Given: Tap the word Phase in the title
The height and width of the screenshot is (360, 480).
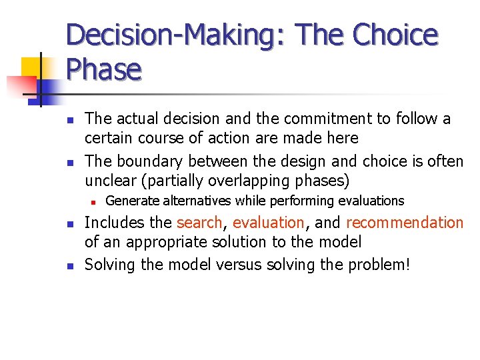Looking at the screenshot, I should (103, 69).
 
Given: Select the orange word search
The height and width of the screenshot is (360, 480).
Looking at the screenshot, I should (199, 223).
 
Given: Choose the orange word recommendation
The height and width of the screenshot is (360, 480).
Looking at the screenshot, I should (405, 223).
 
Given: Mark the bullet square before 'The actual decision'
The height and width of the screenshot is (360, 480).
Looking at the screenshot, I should (69, 120).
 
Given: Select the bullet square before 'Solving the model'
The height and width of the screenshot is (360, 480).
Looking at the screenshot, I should (69, 265).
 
